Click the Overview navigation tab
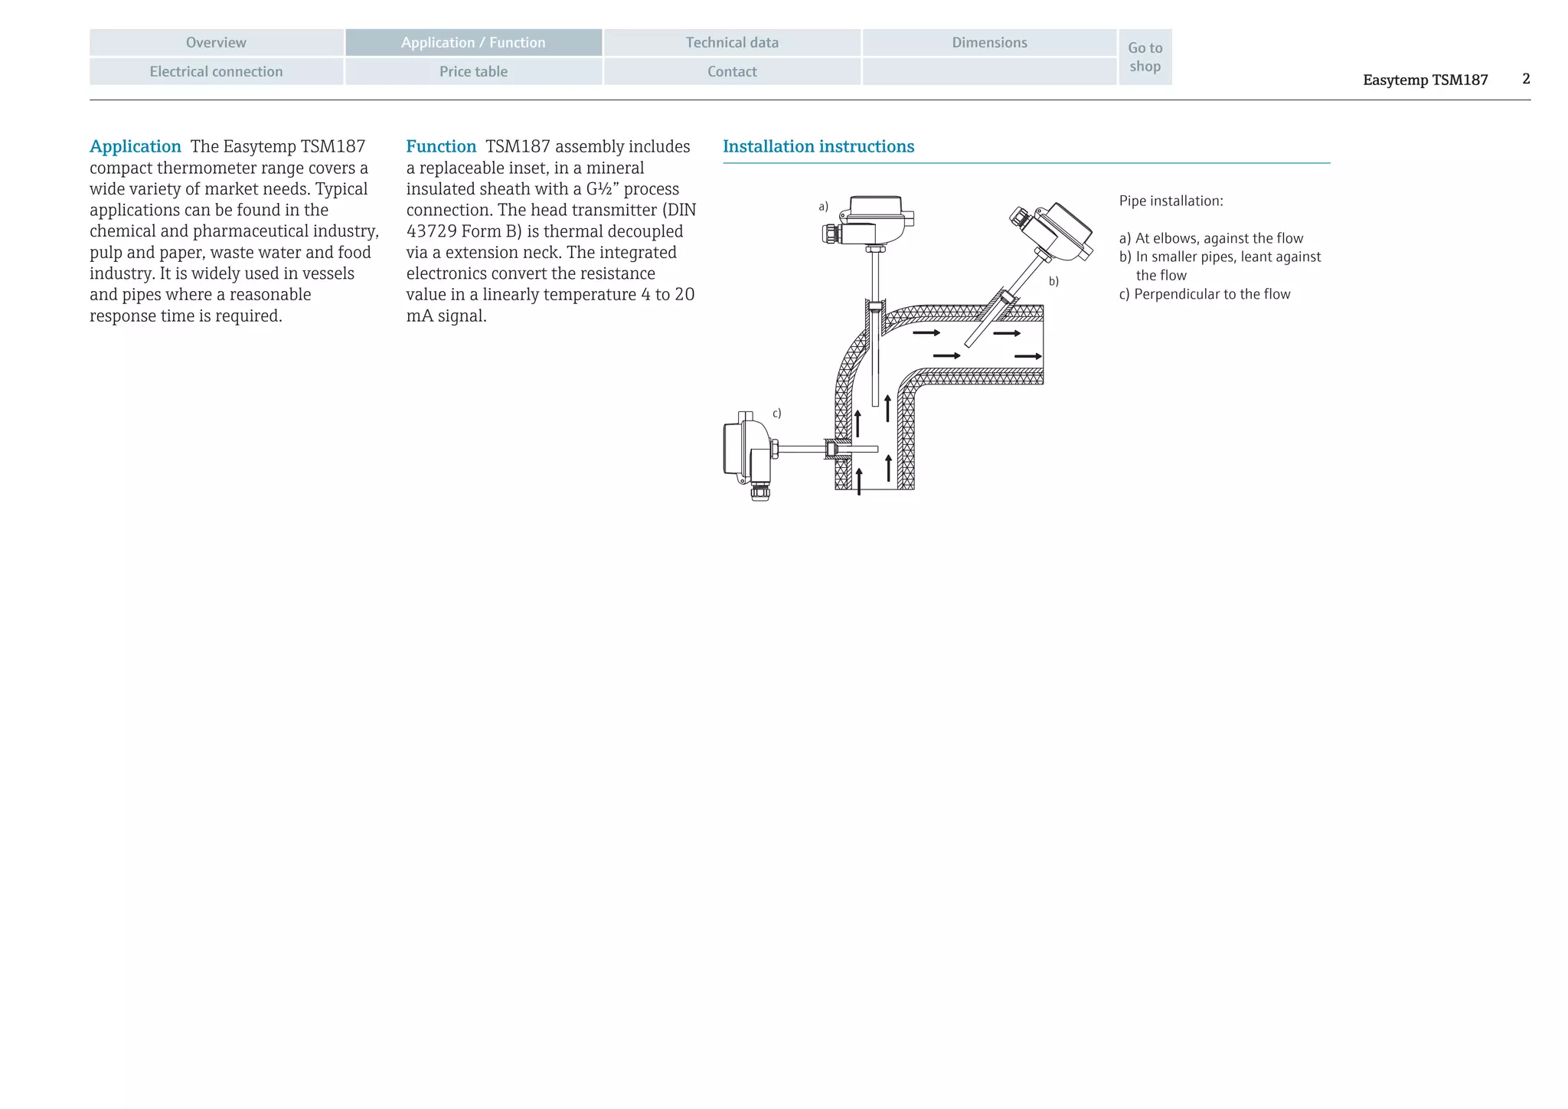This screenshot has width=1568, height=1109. (x=216, y=43)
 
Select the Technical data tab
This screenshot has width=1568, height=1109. (x=732, y=43)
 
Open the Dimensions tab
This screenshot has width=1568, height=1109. (x=989, y=43)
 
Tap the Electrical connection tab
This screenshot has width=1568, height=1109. (x=216, y=72)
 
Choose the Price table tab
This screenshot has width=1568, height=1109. (x=473, y=72)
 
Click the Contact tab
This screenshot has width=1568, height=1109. (x=732, y=72)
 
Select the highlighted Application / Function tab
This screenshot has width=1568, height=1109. (x=473, y=43)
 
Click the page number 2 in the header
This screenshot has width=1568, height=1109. (x=1526, y=79)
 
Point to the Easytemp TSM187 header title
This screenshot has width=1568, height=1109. (x=1425, y=80)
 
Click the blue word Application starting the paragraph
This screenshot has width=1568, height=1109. (x=136, y=146)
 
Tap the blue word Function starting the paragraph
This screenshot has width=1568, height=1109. (x=441, y=146)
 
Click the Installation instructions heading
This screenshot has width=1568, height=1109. (x=818, y=146)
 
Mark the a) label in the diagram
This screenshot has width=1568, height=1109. (x=823, y=207)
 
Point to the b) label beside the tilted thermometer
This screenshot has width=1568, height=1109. (x=1053, y=282)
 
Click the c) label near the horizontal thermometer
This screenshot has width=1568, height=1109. (x=776, y=414)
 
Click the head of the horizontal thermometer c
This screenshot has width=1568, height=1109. (x=746, y=452)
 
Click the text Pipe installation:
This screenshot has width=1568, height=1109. (x=1171, y=201)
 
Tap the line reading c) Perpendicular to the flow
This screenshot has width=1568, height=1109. (x=1204, y=295)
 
